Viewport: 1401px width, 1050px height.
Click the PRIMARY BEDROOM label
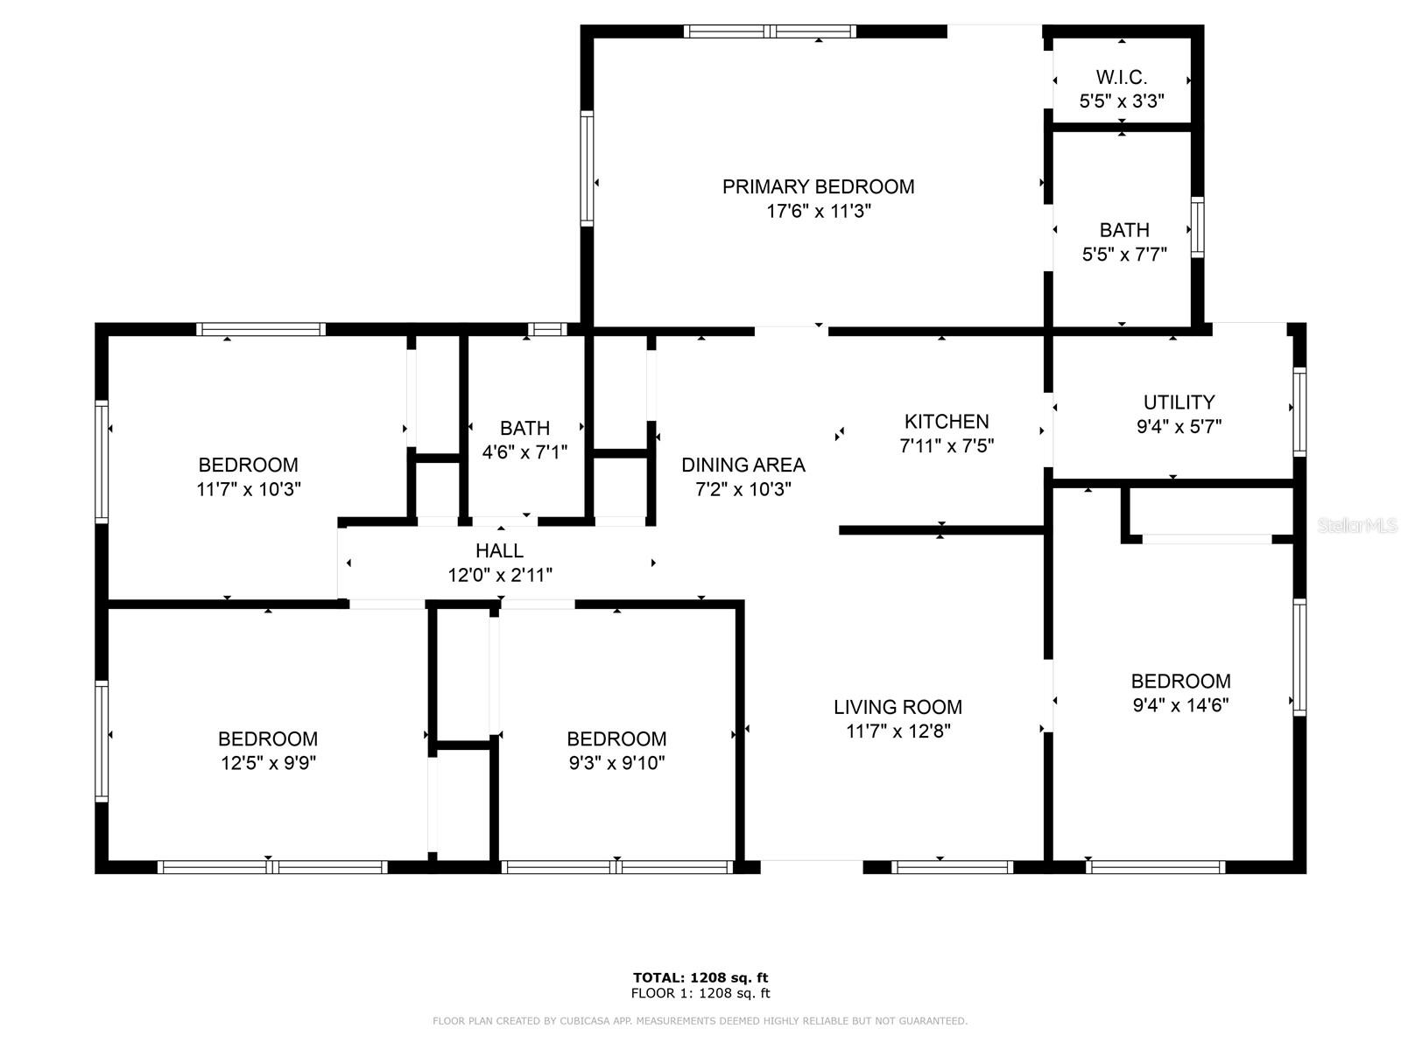click(x=818, y=186)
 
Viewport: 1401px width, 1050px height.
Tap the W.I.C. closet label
click(x=1121, y=77)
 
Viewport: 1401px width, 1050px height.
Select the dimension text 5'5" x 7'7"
click(x=1124, y=255)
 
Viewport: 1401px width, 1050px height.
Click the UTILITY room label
click(x=1179, y=402)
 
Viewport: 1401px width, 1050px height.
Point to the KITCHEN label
click(x=946, y=422)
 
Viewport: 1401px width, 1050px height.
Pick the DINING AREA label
click(x=743, y=465)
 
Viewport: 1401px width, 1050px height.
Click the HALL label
click(x=499, y=551)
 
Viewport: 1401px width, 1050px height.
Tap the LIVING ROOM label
click(x=898, y=707)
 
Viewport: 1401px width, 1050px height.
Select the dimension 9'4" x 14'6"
click(x=1180, y=705)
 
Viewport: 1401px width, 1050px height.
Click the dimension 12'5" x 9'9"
click(x=268, y=763)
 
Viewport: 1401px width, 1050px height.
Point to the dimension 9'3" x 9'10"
click(x=616, y=763)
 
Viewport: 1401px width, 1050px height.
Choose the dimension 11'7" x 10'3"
click(x=249, y=489)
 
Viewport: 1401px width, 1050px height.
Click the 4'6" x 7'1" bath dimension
click(x=524, y=452)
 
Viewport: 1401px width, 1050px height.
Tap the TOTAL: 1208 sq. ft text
click(x=700, y=977)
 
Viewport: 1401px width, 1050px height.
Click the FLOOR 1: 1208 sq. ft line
click(x=700, y=993)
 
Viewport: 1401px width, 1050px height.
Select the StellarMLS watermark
click(x=1357, y=526)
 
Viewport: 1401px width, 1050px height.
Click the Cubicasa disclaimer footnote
click(x=700, y=1021)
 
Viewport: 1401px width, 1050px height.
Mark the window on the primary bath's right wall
click(x=1197, y=227)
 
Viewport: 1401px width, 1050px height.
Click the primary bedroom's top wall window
click(x=770, y=31)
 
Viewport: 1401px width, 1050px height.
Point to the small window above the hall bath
click(x=547, y=330)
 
